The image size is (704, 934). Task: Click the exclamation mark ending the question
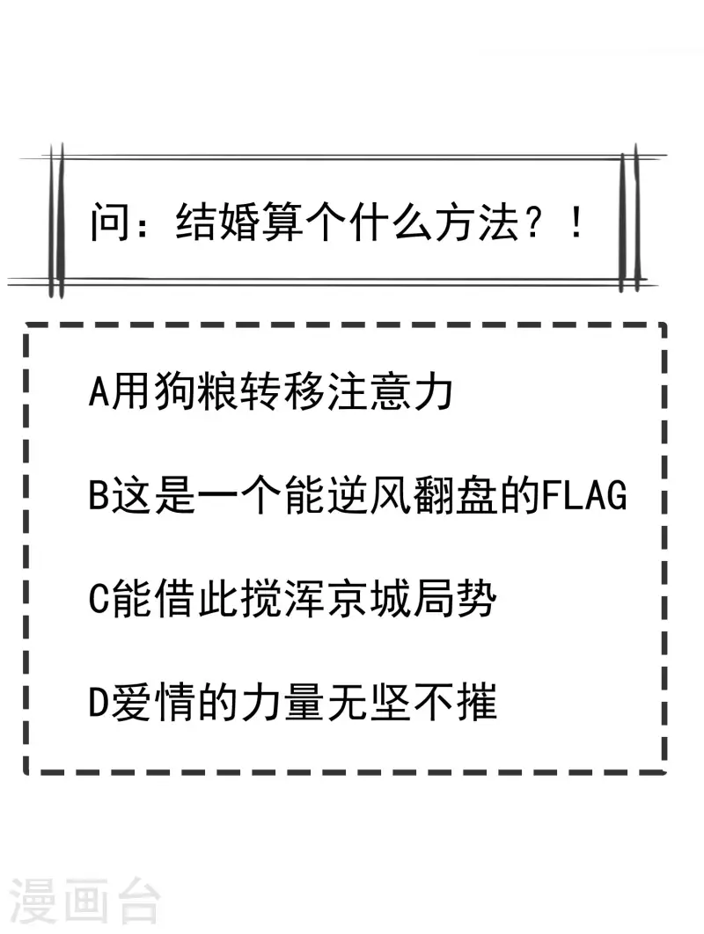[576, 223]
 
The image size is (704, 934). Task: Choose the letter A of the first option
[99, 391]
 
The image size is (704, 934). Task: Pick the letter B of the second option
[99, 495]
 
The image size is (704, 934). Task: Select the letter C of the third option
[99, 599]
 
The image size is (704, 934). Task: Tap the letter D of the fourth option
[99, 703]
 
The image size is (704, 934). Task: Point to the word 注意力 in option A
[390, 391]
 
